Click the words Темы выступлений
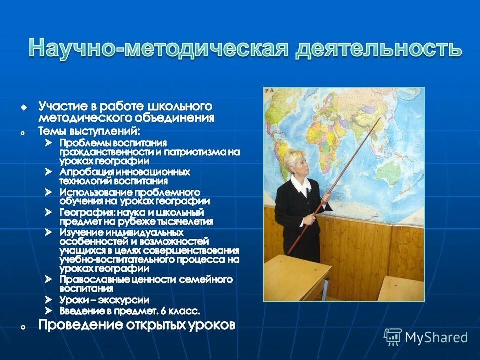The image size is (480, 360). (89, 131)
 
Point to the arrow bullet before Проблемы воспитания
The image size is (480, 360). (48, 143)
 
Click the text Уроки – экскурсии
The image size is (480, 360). (104, 300)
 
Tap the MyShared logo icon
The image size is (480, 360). (393, 337)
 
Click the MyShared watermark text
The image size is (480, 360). (436, 337)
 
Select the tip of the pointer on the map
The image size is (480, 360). (381, 118)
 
